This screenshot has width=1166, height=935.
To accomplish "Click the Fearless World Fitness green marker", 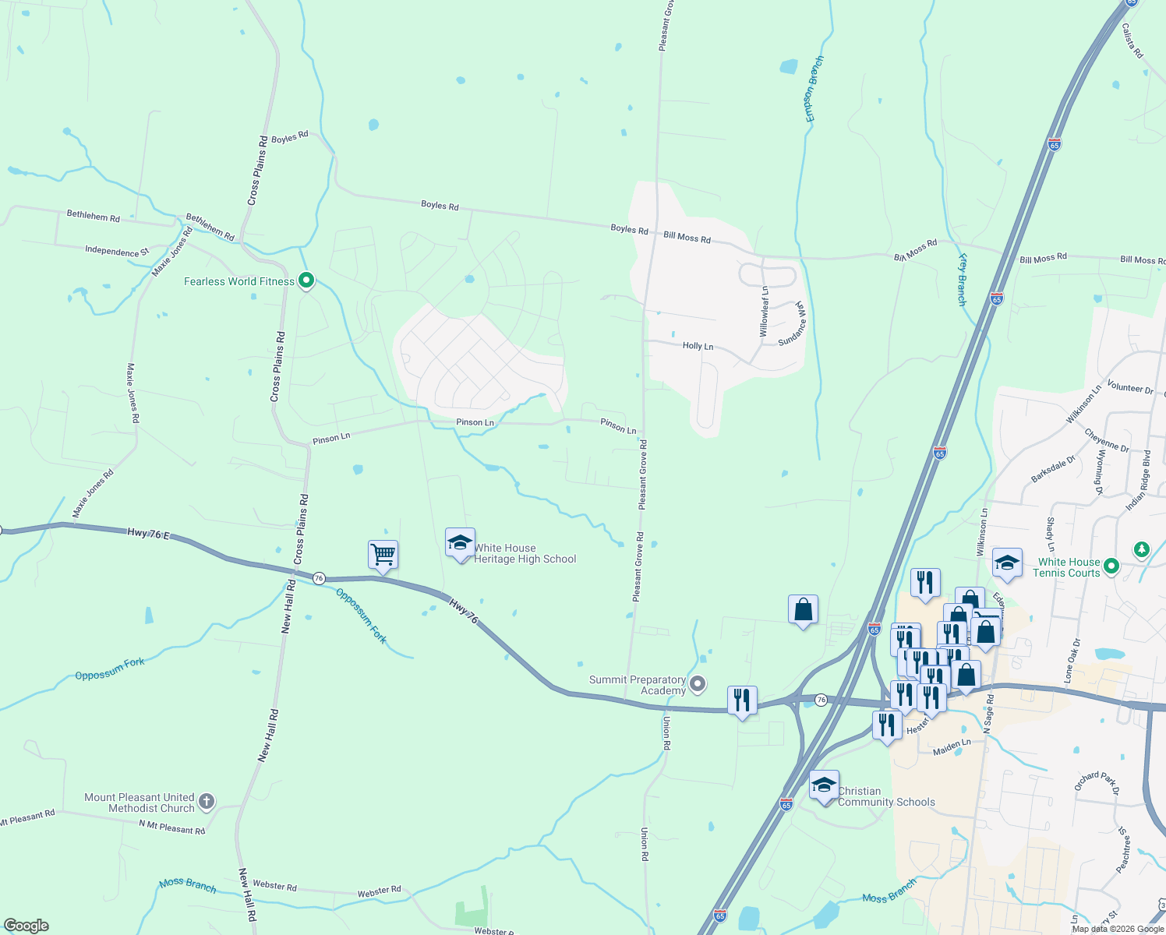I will [x=306, y=280].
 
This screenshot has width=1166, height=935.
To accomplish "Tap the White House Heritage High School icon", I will [x=460, y=543].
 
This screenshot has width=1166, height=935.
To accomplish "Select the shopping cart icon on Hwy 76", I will [x=383, y=556].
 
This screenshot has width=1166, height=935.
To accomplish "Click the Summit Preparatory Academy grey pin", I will [x=698, y=684].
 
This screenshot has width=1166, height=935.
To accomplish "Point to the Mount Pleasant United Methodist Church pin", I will [x=206, y=801].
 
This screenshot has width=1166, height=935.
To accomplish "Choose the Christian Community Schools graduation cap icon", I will [x=824, y=785].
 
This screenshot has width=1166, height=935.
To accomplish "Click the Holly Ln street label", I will [x=698, y=346].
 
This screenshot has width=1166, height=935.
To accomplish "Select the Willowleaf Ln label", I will [x=765, y=312].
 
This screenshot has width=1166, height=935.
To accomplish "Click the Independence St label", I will [x=117, y=251].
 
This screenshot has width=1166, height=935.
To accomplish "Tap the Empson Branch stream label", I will [x=814, y=89].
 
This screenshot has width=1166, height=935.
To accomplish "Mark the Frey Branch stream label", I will [x=963, y=279].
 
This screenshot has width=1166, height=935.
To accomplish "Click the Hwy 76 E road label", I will [x=148, y=534].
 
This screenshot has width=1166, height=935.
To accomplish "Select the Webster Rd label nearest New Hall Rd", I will [x=274, y=886].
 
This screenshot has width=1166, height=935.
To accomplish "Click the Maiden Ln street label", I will [x=952, y=747].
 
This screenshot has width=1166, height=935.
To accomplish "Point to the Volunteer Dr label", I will [x=1129, y=387].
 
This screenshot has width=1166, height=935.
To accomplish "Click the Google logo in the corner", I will [x=26, y=926].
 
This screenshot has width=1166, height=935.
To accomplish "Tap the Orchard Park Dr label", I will [x=1097, y=782].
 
